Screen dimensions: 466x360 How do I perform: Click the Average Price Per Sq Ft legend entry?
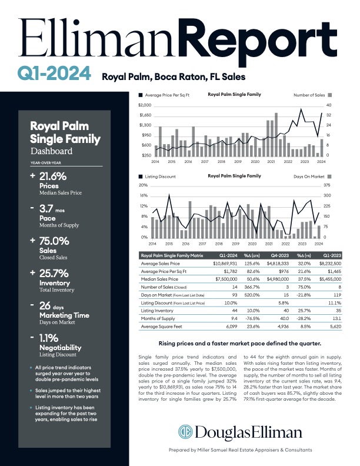(164, 94)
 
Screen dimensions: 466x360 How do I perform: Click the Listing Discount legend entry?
(158, 176)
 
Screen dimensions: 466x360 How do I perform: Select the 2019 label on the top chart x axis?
(221, 161)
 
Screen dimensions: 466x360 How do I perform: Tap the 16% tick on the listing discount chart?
(144, 195)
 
